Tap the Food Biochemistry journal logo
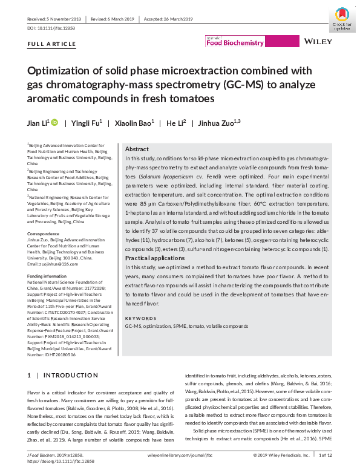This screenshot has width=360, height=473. [x=235, y=42]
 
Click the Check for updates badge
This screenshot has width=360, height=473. [x=342, y=18]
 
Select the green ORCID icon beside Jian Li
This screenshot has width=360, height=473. [x=54, y=123]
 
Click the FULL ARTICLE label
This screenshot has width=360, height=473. [x=52, y=44]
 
